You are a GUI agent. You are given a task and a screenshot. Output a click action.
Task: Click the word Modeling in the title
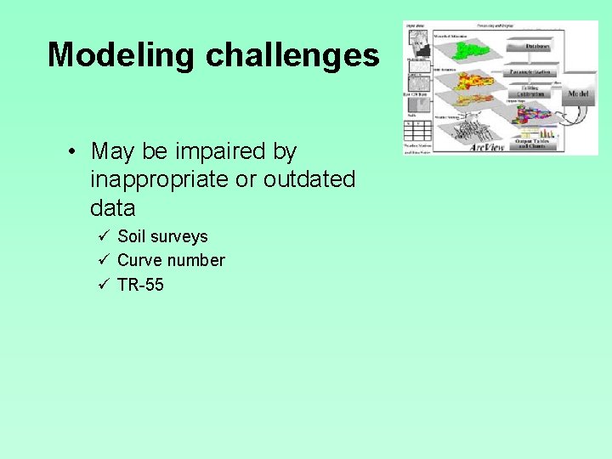tap(122, 55)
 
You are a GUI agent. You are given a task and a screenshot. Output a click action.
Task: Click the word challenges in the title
tap(292, 55)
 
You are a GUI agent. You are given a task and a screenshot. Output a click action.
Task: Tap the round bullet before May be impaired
tap(75, 152)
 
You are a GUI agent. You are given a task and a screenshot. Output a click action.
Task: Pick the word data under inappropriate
tap(112, 207)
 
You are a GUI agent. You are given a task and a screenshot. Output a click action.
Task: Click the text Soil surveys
tap(162, 236)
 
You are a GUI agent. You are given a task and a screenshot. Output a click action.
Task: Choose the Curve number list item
tap(171, 260)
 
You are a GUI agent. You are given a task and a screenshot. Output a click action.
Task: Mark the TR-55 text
tap(140, 285)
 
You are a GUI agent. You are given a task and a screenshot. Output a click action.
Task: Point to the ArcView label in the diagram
tap(488, 147)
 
